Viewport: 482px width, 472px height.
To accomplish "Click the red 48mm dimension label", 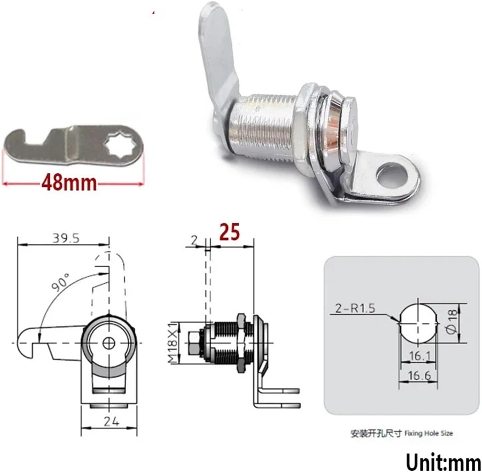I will pos(69,183).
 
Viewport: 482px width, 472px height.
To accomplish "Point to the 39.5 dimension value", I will pos(66,238).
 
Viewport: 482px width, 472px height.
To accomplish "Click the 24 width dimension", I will pos(111,422).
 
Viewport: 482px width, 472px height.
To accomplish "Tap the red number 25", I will pos(229,233).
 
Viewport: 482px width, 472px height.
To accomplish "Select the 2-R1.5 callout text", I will pos(355,308).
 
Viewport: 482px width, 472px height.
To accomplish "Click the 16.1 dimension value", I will pos(420,356).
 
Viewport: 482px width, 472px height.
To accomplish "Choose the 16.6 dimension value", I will pos(419,376).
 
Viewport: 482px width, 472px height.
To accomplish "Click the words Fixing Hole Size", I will pos(428,433).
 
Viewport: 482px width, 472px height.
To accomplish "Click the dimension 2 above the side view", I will pos(194,240).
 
